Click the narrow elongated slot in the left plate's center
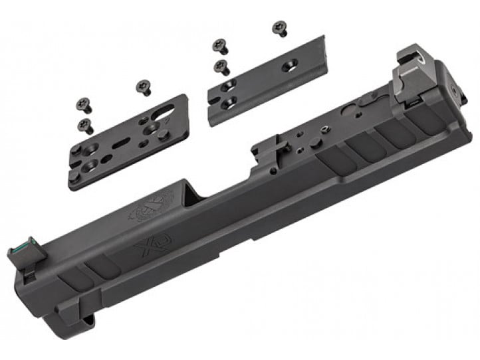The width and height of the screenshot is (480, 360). [120, 143]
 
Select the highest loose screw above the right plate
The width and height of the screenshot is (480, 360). [280, 29]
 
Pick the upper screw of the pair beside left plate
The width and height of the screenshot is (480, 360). [84, 104]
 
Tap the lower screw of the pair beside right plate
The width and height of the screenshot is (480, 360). [223, 67]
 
